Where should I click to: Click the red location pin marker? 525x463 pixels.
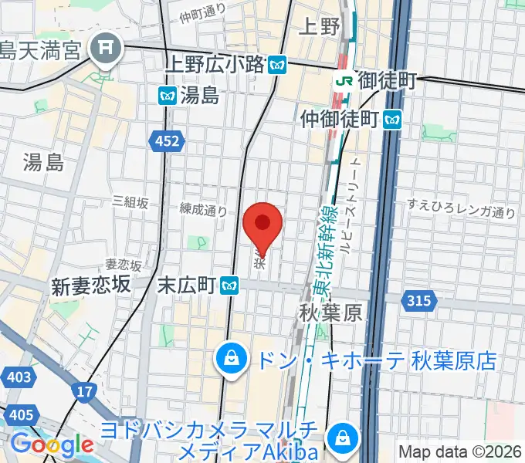point(262,225)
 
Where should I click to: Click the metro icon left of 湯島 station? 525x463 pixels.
point(167,96)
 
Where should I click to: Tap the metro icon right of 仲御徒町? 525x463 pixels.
point(394,119)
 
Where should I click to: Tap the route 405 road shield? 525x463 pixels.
point(22,416)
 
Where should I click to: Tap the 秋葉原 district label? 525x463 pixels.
point(330,313)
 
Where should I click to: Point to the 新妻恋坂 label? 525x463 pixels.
point(89,286)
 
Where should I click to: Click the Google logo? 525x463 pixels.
point(52,444)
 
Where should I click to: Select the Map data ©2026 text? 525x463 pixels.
point(459,451)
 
